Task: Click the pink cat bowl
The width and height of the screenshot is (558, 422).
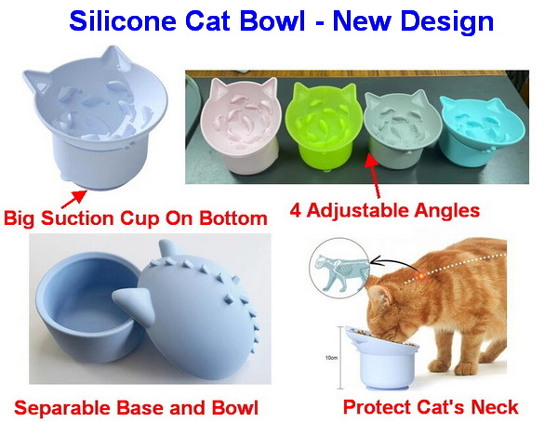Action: tap(239, 125)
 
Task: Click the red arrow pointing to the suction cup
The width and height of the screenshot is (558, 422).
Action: tap(73, 199)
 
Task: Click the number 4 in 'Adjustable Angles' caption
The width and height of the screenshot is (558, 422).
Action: tap(296, 210)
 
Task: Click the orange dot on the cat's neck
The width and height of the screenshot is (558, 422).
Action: tap(421, 275)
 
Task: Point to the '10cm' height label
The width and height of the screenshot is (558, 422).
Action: tap(331, 358)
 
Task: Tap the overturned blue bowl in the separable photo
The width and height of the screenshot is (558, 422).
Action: tap(193, 302)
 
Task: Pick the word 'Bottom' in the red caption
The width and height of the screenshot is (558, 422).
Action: tap(233, 218)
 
